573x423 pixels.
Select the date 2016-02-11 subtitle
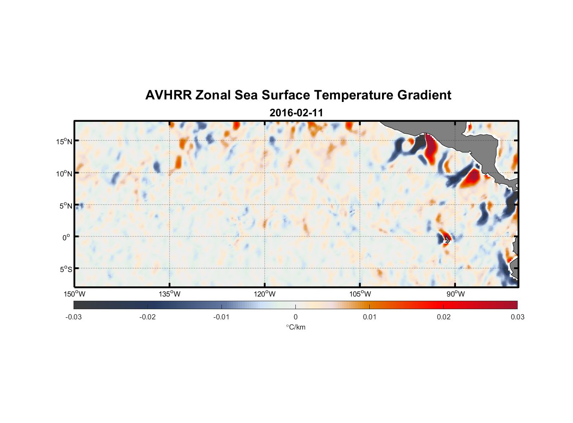(296, 113)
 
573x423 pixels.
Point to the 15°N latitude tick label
(64, 141)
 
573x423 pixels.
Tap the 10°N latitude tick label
(64, 173)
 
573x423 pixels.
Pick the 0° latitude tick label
(66, 238)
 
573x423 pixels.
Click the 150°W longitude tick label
(74, 294)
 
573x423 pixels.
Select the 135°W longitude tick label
(169, 294)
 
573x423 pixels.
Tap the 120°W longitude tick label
(265, 294)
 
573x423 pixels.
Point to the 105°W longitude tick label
(360, 294)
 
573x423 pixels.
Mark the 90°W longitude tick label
(456, 294)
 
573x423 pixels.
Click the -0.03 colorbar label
(74, 317)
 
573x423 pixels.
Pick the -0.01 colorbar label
(221, 317)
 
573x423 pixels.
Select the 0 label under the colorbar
(295, 317)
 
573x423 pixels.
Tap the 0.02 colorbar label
(444, 317)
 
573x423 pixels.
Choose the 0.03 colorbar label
(518, 317)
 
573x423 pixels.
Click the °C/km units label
(296, 327)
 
